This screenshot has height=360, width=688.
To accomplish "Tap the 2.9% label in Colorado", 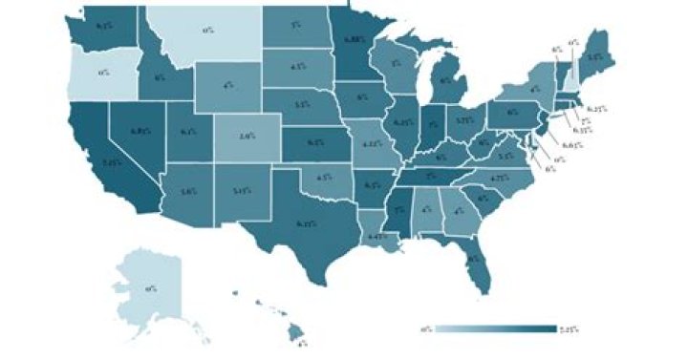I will click(x=246, y=138).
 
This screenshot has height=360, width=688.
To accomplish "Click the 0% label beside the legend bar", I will click(x=426, y=329).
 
